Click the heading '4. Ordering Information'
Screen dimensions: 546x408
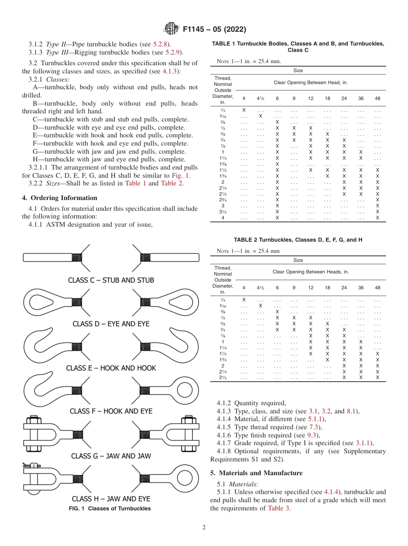(60, 198)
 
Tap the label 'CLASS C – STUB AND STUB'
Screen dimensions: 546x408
(111, 280)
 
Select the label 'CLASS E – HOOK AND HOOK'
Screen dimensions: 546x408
(111, 368)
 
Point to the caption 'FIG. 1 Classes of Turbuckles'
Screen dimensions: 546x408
(110, 509)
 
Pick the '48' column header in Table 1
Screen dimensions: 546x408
(378, 98)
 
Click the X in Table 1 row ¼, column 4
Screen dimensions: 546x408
(244, 110)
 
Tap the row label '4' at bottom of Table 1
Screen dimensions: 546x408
(222, 218)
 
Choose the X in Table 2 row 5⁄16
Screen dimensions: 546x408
(260, 306)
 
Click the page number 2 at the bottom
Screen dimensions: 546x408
(204, 528)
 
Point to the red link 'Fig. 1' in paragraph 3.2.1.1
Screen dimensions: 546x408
(178, 176)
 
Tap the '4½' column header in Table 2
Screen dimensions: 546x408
(260, 288)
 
